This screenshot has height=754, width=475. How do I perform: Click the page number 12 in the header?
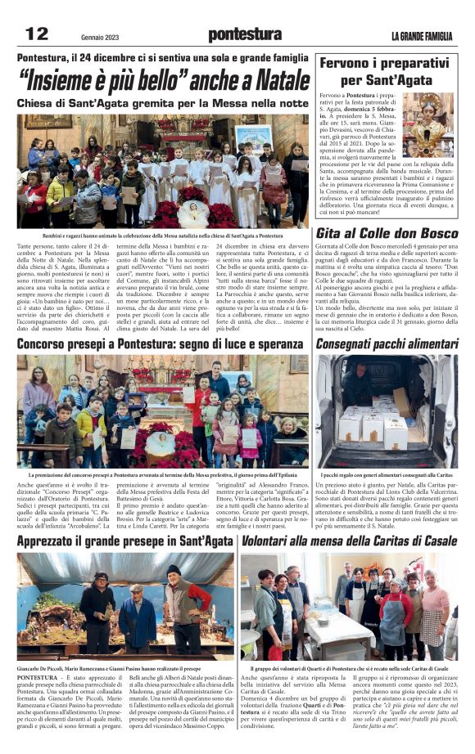click(x=37, y=33)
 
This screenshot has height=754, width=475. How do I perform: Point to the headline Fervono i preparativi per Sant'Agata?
click(x=387, y=71)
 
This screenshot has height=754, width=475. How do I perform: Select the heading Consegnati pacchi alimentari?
click(x=387, y=345)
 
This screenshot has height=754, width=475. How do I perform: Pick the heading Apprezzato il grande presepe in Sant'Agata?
click(x=124, y=541)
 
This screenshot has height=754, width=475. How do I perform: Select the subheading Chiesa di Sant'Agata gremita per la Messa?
click(x=163, y=104)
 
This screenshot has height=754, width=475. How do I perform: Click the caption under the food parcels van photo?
click(x=387, y=473)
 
